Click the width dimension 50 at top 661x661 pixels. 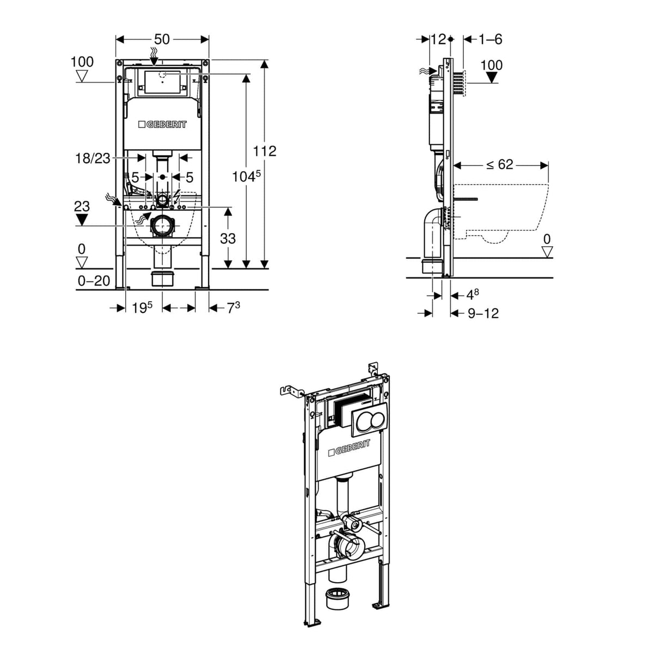(x=162, y=39)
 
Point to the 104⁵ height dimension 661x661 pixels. (x=247, y=176)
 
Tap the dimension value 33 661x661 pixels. (x=228, y=238)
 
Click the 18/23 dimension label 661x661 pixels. (x=92, y=158)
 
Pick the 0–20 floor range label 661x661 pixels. (x=94, y=281)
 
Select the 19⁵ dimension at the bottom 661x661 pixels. (x=142, y=308)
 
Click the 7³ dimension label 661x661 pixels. (x=233, y=308)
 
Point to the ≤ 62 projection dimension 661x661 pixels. (x=499, y=164)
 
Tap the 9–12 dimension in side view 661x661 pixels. (x=483, y=313)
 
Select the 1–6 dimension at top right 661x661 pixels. (x=490, y=39)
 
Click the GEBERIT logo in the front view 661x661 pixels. (x=162, y=125)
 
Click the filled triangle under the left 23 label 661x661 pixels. (x=82, y=219)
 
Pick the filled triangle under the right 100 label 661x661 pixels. (x=492, y=77)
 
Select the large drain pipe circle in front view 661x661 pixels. (x=162, y=226)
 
